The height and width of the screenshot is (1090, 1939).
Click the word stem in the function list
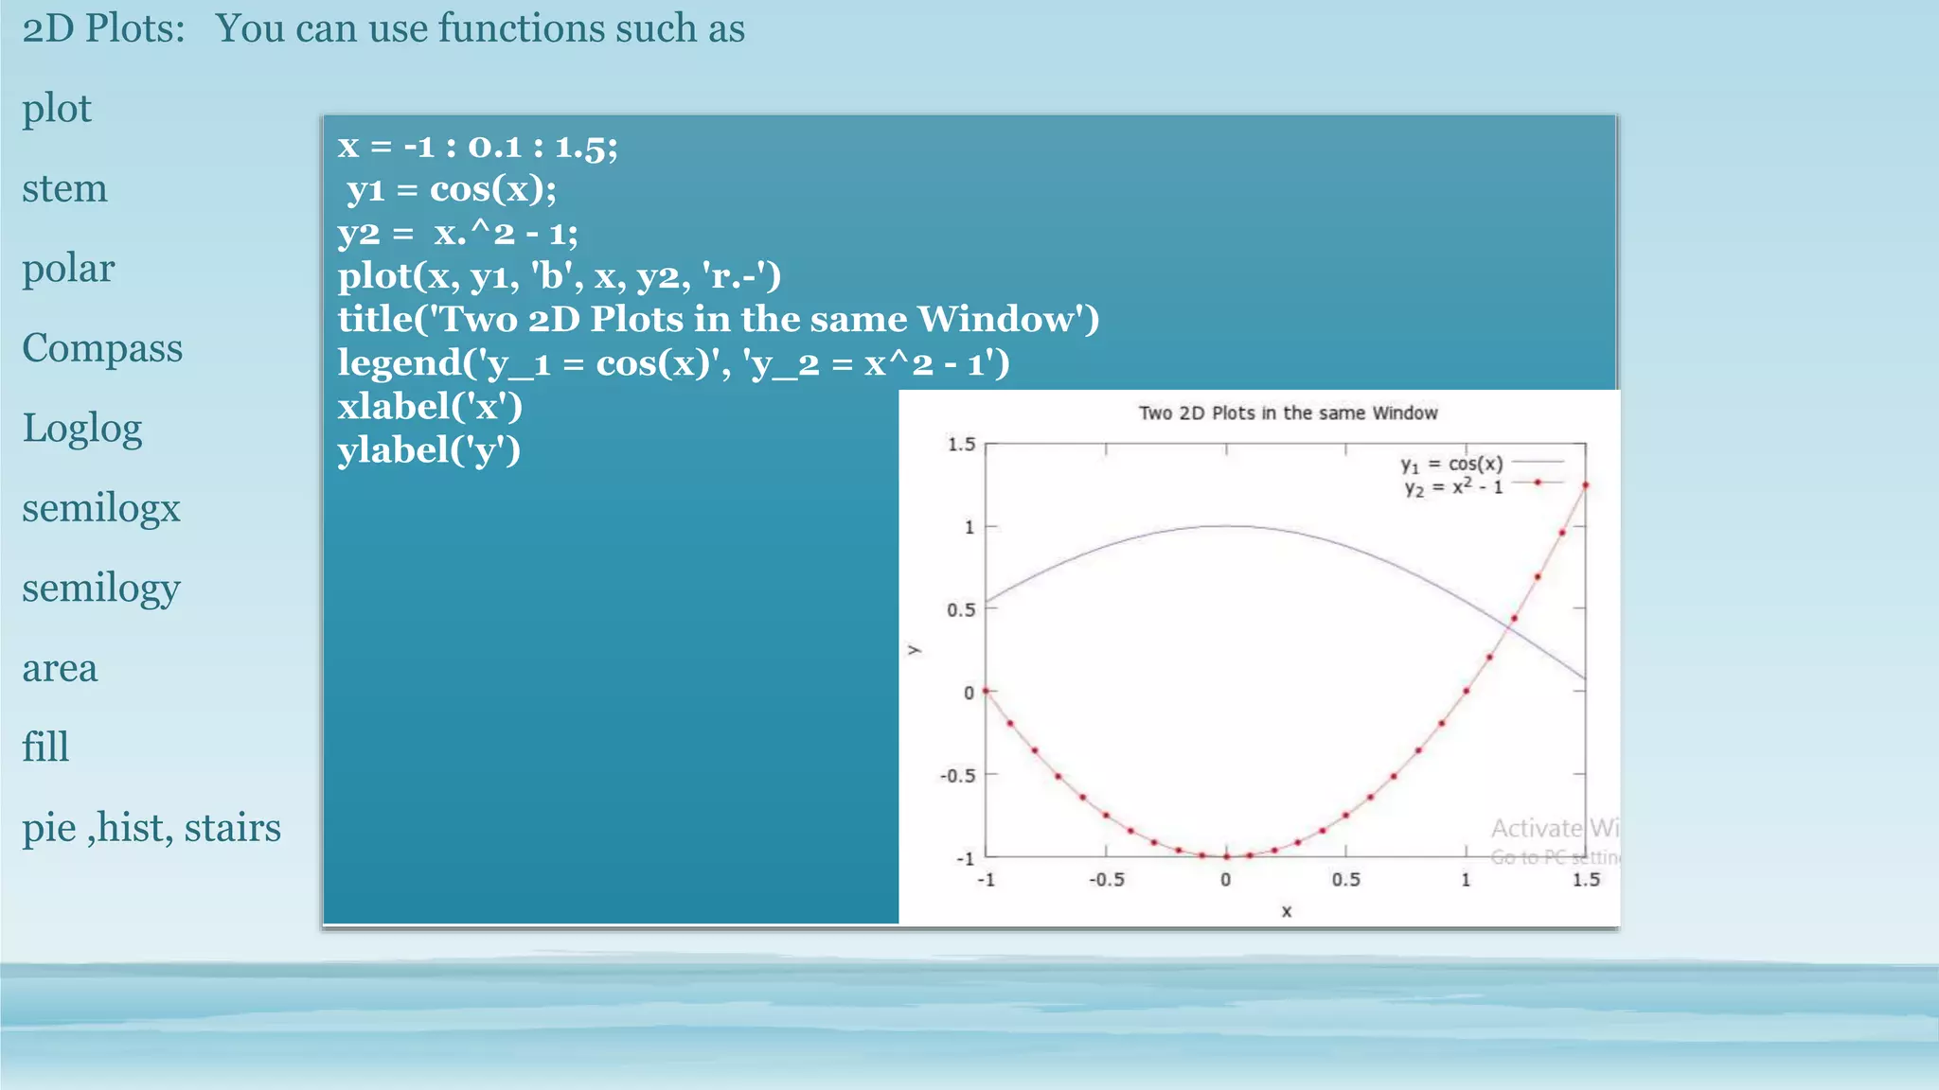[64, 188]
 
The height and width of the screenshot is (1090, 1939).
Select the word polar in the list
[68, 269]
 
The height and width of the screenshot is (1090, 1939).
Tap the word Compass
[102, 348]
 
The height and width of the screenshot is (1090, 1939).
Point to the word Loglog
[82, 429]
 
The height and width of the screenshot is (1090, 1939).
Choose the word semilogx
[101, 508]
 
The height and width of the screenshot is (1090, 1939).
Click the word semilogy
[101, 589]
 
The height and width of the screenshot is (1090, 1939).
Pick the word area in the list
[60, 668]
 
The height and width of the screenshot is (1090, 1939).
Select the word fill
[45, 747]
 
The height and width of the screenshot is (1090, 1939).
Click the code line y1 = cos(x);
[451, 189]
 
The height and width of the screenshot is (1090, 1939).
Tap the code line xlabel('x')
[430, 406]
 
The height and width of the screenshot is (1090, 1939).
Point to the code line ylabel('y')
[429, 449]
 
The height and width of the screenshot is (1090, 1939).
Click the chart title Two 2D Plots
[1287, 413]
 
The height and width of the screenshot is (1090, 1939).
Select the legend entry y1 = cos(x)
[1451, 464]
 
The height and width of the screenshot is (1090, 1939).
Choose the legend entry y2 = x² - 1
[1453, 487]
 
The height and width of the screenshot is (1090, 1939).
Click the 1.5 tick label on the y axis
[961, 444]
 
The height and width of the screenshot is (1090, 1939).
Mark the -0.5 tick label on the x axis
[1106, 879]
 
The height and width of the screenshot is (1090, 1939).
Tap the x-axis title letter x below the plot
[1286, 911]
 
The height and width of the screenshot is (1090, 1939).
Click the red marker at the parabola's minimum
[1226, 856]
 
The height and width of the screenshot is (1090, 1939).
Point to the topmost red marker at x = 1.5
[1585, 485]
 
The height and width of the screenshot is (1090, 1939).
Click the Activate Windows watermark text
[1553, 829]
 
